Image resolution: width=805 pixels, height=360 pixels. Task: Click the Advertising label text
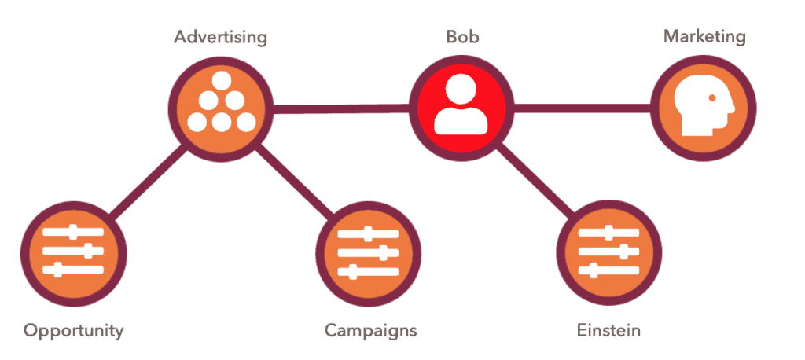coord(220,38)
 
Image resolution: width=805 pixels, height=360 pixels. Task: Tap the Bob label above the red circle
coord(462,37)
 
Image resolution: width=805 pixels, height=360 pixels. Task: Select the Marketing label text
coord(704,37)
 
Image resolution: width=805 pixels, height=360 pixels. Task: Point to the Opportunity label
coord(73,330)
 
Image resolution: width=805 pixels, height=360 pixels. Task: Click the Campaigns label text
coord(370,330)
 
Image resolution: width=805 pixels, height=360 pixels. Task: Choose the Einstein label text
coord(608,329)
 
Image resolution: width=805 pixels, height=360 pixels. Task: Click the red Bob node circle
coord(461,108)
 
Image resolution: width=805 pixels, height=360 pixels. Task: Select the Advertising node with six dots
coord(221,108)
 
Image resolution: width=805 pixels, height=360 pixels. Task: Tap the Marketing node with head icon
coord(704,108)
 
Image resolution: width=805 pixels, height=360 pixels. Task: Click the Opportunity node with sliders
coord(73,254)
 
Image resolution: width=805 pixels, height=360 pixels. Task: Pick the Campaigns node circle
coord(368,254)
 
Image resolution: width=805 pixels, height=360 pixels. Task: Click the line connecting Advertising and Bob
coord(341,108)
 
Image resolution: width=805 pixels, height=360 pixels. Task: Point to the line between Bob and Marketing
coord(583,108)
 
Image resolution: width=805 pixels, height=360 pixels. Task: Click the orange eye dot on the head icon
coord(712,97)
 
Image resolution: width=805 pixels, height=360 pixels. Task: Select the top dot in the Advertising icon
coord(221,79)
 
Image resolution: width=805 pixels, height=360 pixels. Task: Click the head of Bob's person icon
coord(461,90)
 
